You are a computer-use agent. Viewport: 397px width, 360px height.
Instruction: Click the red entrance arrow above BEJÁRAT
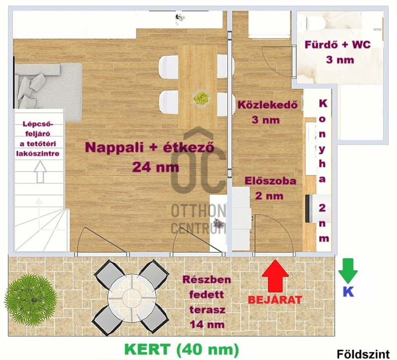[x=275, y=276]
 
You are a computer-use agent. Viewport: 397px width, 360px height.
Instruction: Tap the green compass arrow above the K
[x=348, y=271]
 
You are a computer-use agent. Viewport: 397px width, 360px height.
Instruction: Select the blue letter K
[x=348, y=292]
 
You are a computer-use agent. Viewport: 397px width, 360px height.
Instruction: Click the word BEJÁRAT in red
[x=275, y=300]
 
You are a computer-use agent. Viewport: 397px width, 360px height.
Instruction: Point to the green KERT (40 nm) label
[x=182, y=350]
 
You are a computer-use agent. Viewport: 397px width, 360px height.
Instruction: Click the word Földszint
[x=363, y=354]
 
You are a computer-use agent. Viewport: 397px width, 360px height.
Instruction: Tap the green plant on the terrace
[x=31, y=299]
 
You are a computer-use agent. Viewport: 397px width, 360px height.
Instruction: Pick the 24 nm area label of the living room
[x=155, y=167]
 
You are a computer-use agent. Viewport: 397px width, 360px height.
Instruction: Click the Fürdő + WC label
[x=337, y=45]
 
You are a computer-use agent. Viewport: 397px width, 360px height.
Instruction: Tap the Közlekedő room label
[x=267, y=105]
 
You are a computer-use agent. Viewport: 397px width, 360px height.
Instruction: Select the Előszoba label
[x=270, y=181]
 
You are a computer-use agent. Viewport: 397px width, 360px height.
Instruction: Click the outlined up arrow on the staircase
[x=40, y=172]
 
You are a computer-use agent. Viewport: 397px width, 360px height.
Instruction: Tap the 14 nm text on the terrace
[x=207, y=325]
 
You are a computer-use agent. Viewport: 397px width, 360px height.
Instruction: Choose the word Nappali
[x=114, y=147]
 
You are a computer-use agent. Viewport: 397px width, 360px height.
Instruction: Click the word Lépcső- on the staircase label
[x=38, y=124]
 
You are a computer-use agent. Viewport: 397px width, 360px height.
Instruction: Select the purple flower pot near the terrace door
[x=218, y=224]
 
